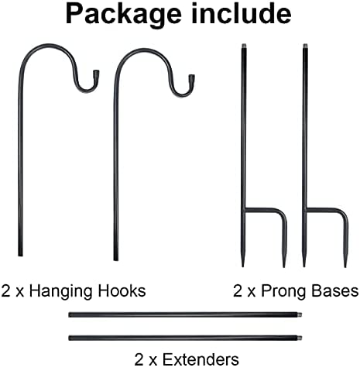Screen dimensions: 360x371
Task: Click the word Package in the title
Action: pos(123,15)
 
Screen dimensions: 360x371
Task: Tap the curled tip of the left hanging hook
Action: pos(96,73)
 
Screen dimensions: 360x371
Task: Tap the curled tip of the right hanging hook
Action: pos(191,77)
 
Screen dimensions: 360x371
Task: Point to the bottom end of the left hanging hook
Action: pos(20,255)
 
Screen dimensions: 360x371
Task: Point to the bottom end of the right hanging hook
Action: pos(116,259)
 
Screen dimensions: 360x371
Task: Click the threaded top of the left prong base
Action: pos(244,46)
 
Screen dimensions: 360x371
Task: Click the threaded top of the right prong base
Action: pos(305,46)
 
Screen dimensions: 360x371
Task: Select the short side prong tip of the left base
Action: pos(284,266)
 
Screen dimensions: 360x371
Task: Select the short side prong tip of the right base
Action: pos(345,266)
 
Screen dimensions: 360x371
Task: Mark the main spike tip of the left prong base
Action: pos(242,265)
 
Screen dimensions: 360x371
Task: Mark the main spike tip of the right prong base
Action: pos(304,265)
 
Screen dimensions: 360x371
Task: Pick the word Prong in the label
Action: pos(283,292)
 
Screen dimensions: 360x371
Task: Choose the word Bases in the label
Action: pos(335,290)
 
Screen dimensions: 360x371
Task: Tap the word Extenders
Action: pos(201,359)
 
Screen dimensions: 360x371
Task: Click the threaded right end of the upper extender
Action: pos(300,314)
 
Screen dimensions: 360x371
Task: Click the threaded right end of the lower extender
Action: pos(300,338)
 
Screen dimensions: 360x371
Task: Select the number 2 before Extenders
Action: pos(139,359)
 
